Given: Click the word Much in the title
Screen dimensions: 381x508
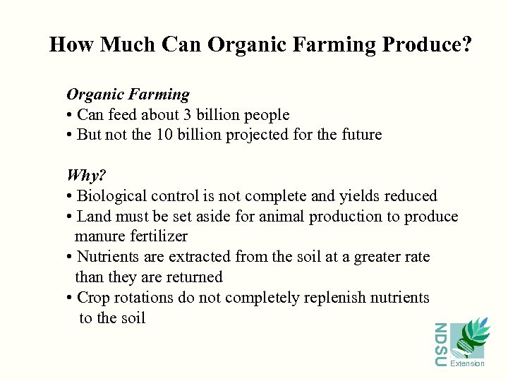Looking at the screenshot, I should tap(128, 45).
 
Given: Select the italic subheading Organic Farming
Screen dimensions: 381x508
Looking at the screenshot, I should tap(128, 95).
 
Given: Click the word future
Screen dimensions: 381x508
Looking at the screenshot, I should tap(358, 135).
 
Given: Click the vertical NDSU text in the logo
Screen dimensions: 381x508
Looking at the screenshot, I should tap(440, 344).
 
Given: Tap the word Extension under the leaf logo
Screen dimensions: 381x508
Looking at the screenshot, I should tap(467, 364).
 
